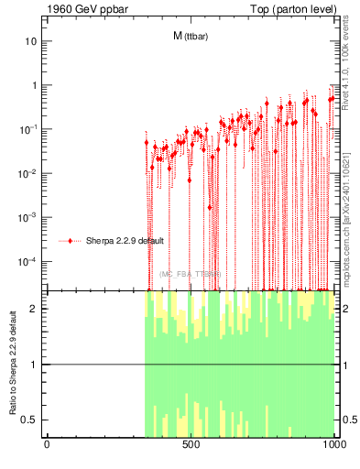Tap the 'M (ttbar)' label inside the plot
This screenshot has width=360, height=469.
click(190, 37)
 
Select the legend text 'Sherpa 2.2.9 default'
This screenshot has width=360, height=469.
click(124, 241)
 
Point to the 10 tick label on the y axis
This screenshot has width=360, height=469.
click(30, 42)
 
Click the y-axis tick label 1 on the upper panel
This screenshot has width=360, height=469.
click(34, 86)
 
